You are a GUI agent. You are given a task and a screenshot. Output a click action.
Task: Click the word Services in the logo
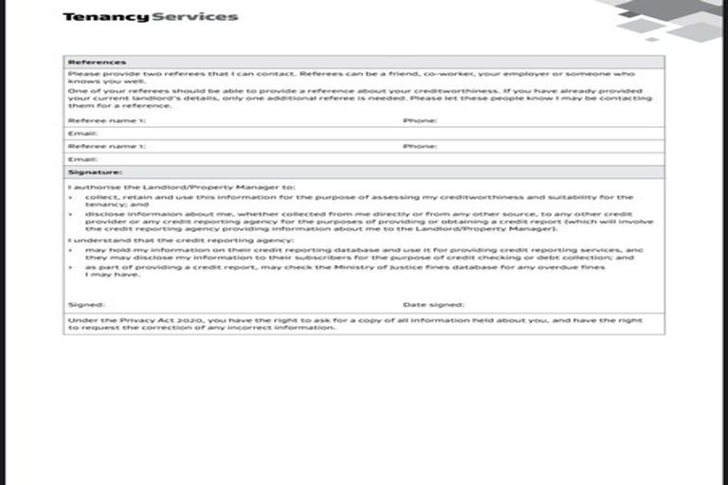194,16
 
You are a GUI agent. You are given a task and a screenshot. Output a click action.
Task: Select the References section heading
84,63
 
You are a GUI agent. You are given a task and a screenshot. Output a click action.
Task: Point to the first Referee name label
107,121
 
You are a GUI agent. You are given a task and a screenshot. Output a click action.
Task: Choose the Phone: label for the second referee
420,147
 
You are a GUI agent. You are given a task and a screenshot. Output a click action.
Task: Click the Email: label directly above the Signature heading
82,159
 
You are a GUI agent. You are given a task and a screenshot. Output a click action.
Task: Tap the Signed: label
82,305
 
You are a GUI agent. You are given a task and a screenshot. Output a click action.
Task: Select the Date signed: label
433,305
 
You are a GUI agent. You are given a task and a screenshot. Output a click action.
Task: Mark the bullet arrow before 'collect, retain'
71,197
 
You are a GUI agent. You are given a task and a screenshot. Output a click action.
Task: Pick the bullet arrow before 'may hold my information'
71,249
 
